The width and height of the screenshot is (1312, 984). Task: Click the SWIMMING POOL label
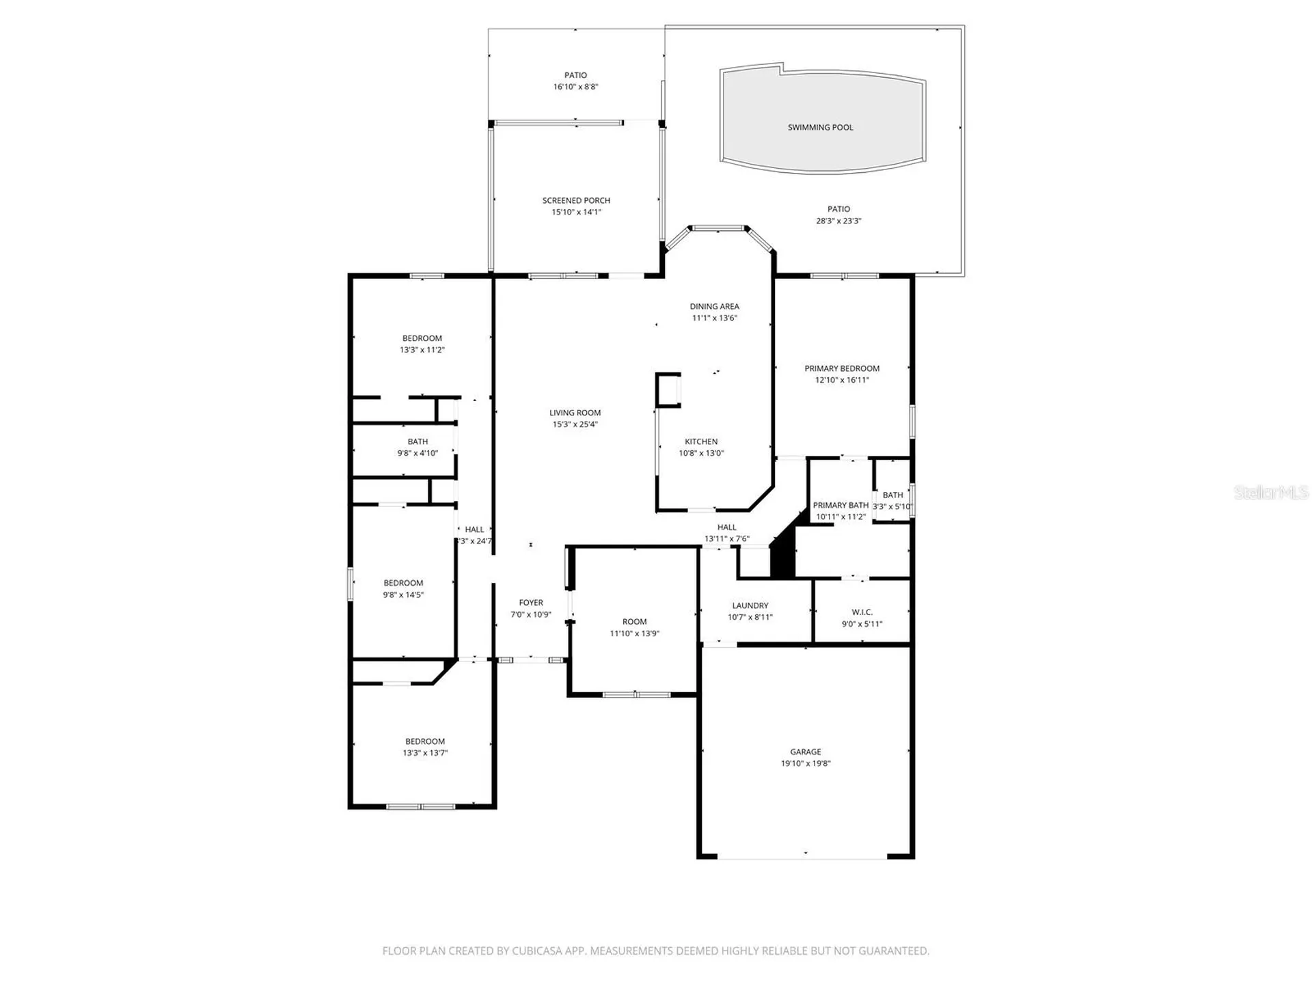(820, 127)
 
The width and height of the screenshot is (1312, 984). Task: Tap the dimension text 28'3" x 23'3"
(838, 221)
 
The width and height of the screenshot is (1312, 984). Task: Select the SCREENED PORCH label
(576, 200)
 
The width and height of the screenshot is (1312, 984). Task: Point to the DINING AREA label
(714, 306)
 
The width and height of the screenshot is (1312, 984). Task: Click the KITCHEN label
(701, 441)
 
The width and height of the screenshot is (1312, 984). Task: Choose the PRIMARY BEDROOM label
(842, 368)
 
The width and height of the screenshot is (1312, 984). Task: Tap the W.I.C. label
(862, 612)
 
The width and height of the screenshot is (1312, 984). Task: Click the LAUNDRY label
(750, 605)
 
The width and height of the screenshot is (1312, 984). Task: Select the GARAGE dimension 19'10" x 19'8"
(806, 763)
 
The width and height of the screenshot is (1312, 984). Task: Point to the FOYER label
(531, 603)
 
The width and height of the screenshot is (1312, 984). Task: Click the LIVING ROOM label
(575, 413)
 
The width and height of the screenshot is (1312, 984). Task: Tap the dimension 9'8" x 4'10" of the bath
(418, 453)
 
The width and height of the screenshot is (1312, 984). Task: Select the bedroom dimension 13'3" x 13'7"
(425, 753)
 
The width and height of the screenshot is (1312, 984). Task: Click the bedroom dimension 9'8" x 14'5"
(403, 594)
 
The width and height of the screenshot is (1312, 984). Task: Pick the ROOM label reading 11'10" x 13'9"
(634, 622)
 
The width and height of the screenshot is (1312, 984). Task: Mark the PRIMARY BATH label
(840, 505)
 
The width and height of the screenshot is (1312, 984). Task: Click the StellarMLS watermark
(1271, 492)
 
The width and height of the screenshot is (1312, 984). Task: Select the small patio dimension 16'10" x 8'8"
(575, 87)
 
